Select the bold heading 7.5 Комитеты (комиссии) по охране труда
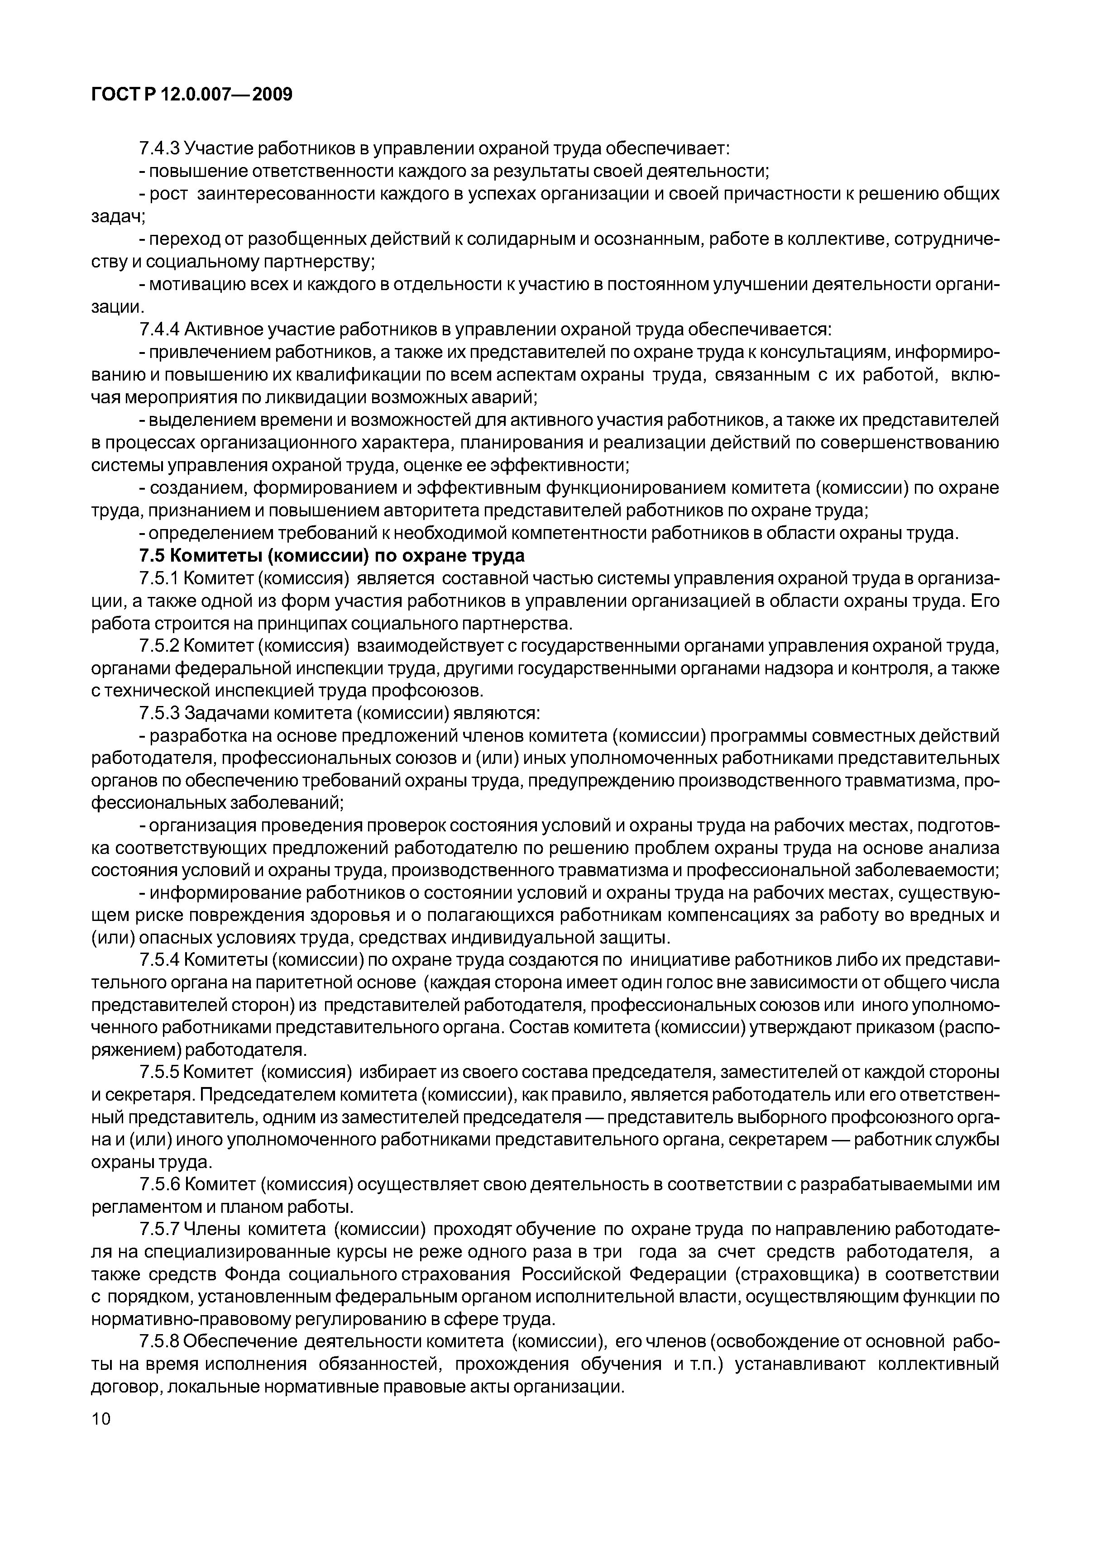coord(331,556)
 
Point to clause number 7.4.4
coord(159,329)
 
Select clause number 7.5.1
coord(159,579)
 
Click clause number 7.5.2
coord(159,647)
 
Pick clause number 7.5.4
coord(159,960)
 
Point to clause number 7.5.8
coord(159,1341)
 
